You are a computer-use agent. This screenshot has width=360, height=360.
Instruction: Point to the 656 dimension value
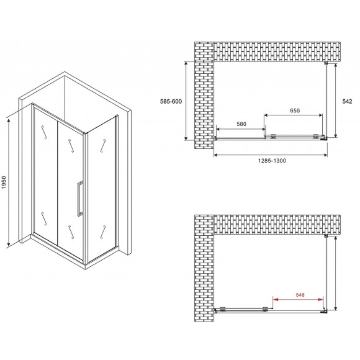tap(294, 111)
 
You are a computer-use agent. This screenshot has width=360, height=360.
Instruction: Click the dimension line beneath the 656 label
tap(294, 115)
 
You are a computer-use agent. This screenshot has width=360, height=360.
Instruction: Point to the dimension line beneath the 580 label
tap(241, 128)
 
